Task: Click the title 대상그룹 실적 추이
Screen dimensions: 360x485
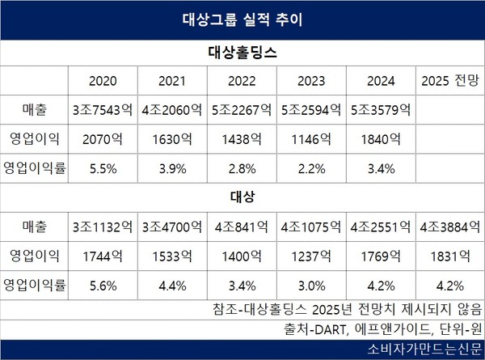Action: pyautogui.click(x=242, y=17)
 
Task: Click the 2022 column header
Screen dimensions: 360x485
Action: pyautogui.click(x=242, y=82)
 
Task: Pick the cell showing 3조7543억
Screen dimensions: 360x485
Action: pyautogui.click(x=103, y=108)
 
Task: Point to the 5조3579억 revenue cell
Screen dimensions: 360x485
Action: pyautogui.click(x=380, y=108)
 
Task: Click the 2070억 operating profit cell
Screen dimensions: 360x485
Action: pyautogui.click(x=103, y=138)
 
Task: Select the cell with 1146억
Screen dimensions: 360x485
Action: pyautogui.click(x=310, y=138)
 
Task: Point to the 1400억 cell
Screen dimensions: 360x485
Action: pyautogui.click(x=242, y=256)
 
